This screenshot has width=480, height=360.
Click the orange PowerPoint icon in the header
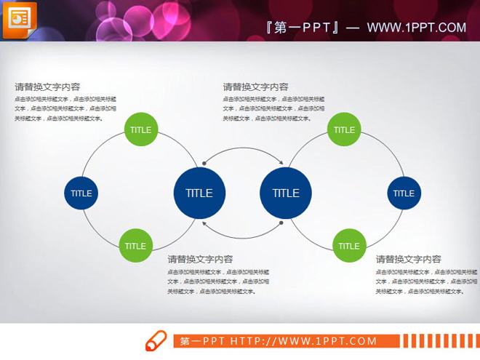20,20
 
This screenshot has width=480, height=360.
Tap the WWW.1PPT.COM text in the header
416,28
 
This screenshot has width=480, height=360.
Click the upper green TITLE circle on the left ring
140,130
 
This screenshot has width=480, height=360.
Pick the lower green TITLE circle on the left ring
135,246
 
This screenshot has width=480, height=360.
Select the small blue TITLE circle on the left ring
81,193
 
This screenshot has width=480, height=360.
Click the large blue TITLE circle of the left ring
199,193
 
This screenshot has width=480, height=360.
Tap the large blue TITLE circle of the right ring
285,193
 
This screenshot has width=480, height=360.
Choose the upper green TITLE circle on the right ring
344,130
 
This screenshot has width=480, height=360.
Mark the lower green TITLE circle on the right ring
349,246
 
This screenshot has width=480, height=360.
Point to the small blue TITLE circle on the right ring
404,193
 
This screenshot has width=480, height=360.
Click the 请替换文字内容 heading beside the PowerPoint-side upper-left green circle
47,87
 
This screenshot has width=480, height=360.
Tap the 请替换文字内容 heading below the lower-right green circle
408,259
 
